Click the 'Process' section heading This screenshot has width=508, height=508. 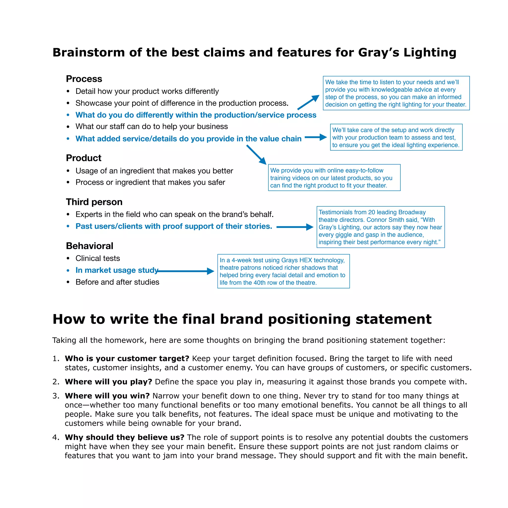pyautogui.click(x=84, y=79)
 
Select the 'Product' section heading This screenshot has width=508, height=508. pyautogui.click(x=84, y=158)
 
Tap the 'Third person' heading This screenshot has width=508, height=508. pyautogui.click(x=94, y=202)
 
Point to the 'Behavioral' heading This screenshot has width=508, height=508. pyautogui.click(x=89, y=246)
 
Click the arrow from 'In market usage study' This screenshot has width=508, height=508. pyautogui.click(x=185, y=271)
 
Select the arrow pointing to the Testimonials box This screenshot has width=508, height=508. pyautogui.click(x=294, y=227)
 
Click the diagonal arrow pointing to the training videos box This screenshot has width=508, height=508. pyautogui.click(x=256, y=155)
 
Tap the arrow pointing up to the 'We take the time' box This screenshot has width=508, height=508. pyautogui.click(x=308, y=102)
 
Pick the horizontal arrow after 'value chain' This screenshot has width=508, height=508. pyautogui.click(x=316, y=137)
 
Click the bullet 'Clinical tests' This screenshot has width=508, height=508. pyautogui.click(x=97, y=258)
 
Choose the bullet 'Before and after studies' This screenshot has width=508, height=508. pyautogui.click(x=117, y=282)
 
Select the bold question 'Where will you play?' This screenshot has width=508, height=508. pyautogui.click(x=108, y=382)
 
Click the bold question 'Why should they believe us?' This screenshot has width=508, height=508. pyautogui.click(x=124, y=437)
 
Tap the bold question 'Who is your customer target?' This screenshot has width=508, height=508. pyautogui.click(x=127, y=359)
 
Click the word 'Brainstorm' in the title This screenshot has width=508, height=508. pyautogui.click(x=89, y=52)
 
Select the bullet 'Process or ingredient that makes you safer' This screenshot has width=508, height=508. pyautogui.click(x=150, y=182)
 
